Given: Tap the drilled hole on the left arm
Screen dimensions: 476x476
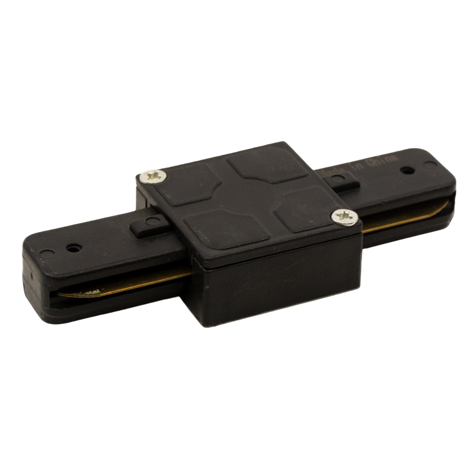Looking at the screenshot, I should click(73, 248).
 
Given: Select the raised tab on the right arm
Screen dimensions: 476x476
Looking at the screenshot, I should click(339, 180).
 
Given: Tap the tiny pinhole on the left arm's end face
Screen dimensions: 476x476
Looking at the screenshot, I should click(29, 275).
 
